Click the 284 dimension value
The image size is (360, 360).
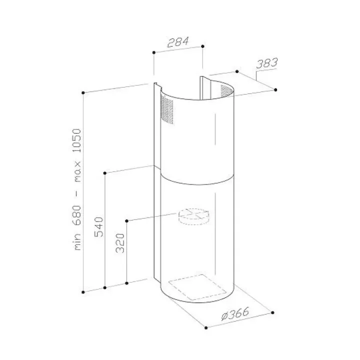tap(178, 42)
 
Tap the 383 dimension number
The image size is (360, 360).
tap(267, 63)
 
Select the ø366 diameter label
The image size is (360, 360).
tap(235, 313)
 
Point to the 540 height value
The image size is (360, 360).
tap(99, 227)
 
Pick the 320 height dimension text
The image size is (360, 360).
tap(120, 243)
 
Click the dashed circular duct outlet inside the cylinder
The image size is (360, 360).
tap(194, 216)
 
